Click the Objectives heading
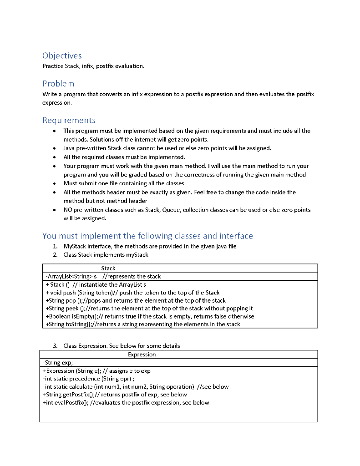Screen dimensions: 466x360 (x=62, y=56)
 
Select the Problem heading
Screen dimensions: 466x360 (x=58, y=84)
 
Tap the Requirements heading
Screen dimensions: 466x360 (x=69, y=121)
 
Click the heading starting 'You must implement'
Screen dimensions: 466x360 (x=147, y=236)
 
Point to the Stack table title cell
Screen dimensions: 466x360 (x=108, y=268)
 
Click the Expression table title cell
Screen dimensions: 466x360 (x=142, y=354)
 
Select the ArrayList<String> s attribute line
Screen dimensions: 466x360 (x=103, y=276)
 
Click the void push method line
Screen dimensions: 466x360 (x=132, y=293)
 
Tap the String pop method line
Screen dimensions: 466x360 (x=136, y=300)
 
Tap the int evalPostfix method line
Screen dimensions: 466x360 (x=126, y=402)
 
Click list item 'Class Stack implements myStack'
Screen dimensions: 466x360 (x=106, y=254)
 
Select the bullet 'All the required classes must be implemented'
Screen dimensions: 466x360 (x=124, y=157)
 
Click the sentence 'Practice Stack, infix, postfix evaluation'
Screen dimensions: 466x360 (x=93, y=66)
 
